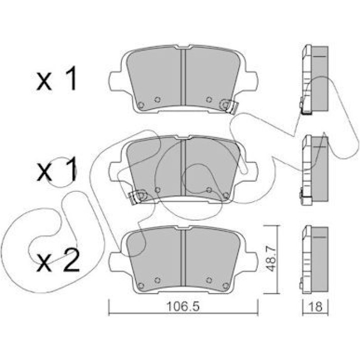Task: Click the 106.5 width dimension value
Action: (183, 307)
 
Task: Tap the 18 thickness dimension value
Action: (316, 307)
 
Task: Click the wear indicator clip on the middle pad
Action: (137, 196)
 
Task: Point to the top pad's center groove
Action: (183, 77)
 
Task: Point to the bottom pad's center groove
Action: (183, 258)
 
